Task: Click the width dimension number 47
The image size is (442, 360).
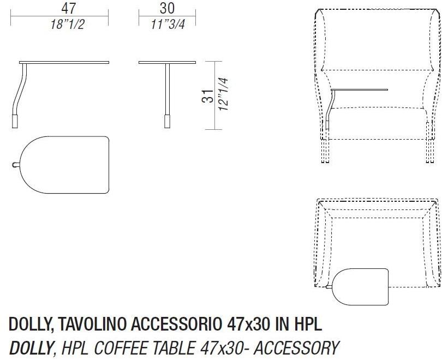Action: click(68, 9)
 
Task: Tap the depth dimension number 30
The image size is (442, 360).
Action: click(166, 9)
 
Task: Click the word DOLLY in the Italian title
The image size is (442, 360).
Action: click(28, 325)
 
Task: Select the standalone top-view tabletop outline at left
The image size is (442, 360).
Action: click(65, 164)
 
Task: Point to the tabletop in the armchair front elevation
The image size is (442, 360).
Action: click(360, 89)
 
